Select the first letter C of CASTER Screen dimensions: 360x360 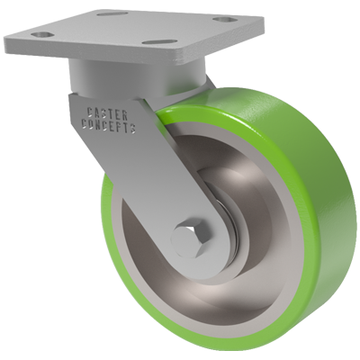click(89, 112)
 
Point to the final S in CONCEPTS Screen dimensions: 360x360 click(133, 130)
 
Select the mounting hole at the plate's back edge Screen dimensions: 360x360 click(112, 14)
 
